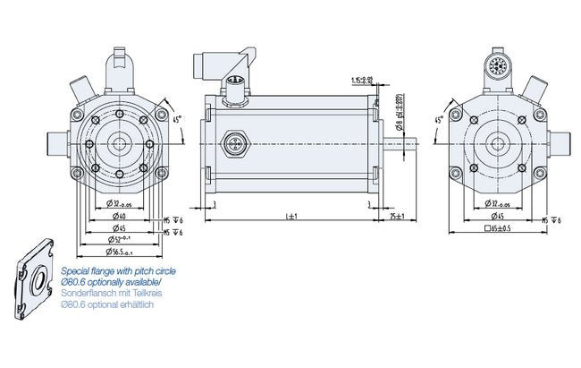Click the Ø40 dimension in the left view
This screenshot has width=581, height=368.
[119, 215]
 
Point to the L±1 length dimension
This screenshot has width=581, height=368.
[290, 217]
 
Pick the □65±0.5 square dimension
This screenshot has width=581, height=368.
[497, 229]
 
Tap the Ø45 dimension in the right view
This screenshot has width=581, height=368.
[497, 215]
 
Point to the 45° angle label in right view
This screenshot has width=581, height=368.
[438, 121]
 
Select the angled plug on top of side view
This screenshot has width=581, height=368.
[218, 68]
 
